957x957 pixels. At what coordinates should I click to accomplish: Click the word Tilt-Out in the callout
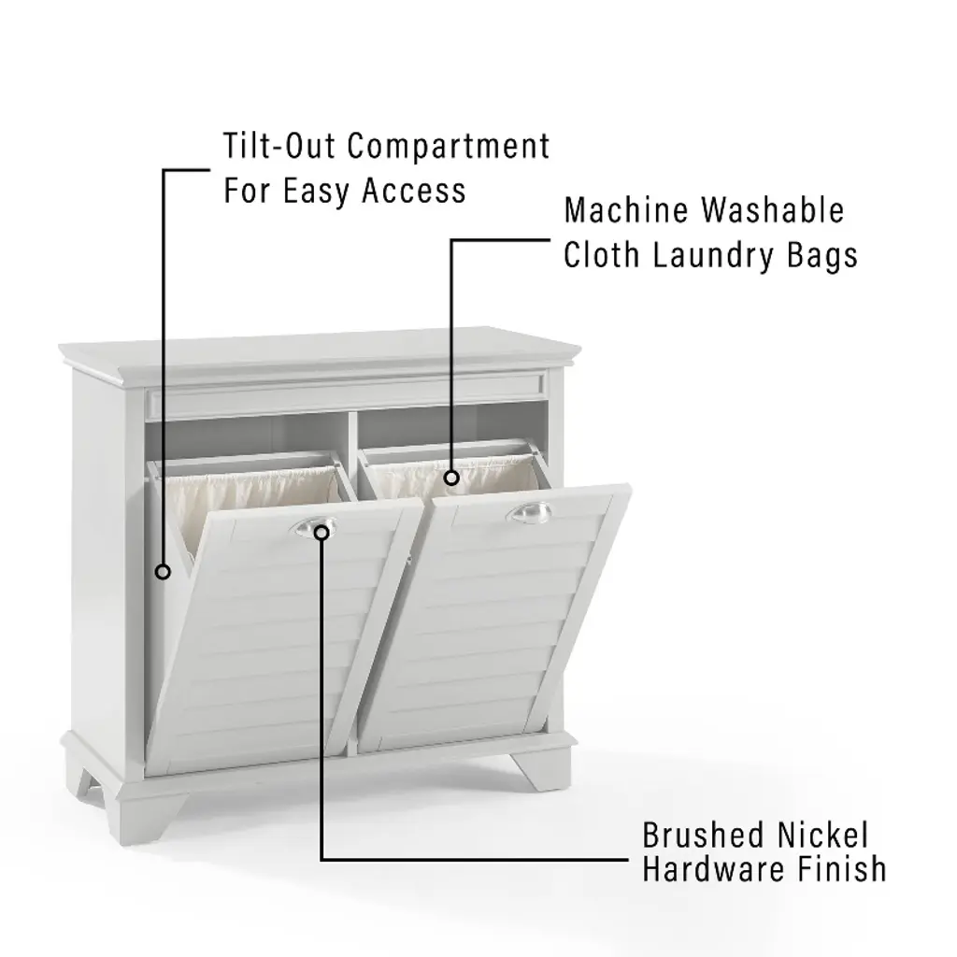[x=279, y=146]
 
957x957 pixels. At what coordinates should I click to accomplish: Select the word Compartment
[x=449, y=146]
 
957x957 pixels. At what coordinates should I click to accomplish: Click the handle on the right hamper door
[x=529, y=512]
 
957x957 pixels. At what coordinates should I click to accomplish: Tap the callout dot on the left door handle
[x=321, y=533]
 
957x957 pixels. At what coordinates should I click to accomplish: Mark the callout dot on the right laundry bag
[x=451, y=478]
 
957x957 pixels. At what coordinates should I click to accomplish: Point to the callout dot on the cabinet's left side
[x=163, y=572]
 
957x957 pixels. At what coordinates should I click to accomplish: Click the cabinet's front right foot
[x=541, y=770]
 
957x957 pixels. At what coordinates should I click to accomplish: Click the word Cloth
[x=601, y=255]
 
